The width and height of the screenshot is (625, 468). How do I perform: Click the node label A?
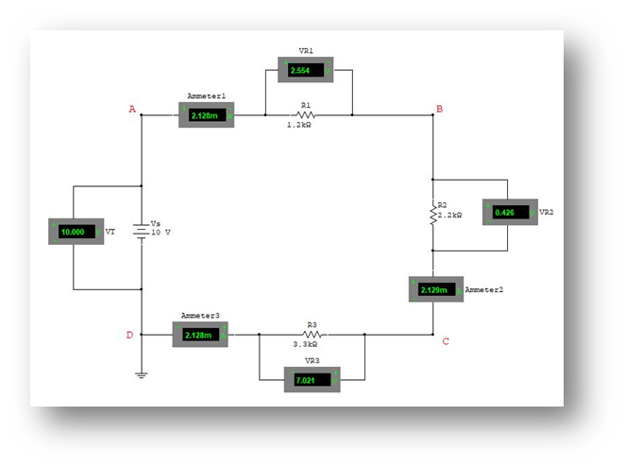coord(132,111)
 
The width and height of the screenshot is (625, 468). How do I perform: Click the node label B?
coord(438,111)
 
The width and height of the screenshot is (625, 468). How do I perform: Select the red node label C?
coord(446,341)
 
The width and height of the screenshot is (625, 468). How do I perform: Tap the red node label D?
coord(129,335)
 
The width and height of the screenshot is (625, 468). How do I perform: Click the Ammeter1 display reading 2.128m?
coord(205,115)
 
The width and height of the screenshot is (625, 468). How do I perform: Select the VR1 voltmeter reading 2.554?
coord(306,70)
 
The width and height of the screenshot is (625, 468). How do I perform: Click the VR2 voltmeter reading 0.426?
coord(509,213)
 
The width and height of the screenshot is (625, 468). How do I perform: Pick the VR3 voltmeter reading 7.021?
coord(312,380)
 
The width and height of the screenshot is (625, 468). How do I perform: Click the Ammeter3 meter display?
coord(199,335)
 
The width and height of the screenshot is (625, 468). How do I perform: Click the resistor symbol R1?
coord(305,115)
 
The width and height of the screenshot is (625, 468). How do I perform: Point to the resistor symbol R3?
coord(312,335)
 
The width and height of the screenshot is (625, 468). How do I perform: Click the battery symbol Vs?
coord(142,230)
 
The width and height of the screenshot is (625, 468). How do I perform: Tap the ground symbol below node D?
coord(142,374)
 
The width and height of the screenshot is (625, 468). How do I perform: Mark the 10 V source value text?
coord(160,233)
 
